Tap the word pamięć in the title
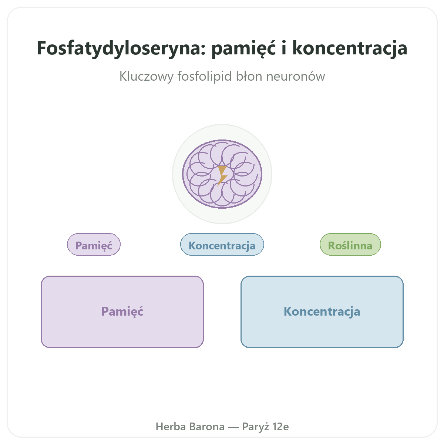pyautogui.click(x=243, y=49)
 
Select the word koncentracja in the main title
pyautogui.click(x=350, y=49)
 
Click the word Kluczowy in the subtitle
pyautogui.click(x=146, y=76)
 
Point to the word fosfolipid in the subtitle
pyautogui.click(x=205, y=76)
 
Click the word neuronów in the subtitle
pyautogui.click(x=296, y=76)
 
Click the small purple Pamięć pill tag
pyautogui.click(x=94, y=245)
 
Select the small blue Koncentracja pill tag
pyautogui.click(x=222, y=245)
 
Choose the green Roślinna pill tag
pyautogui.click(x=350, y=245)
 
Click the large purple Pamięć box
pyautogui.click(x=122, y=312)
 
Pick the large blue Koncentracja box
pyautogui.click(x=322, y=312)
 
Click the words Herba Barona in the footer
pyautogui.click(x=190, y=427)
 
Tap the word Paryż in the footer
pyautogui.click(x=256, y=427)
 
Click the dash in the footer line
pyautogui.click(x=233, y=427)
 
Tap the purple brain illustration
pyautogui.click(x=222, y=174)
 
